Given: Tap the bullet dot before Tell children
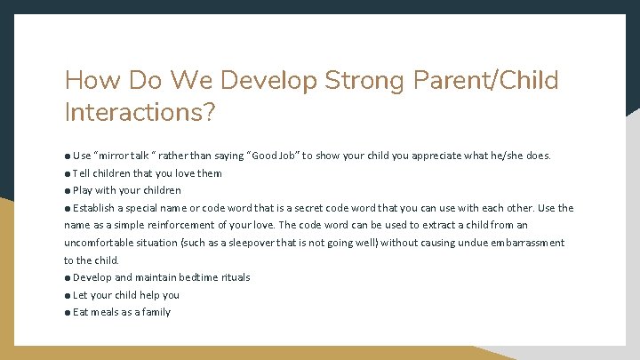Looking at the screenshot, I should point(68,173).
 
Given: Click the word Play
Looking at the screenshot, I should point(83,190).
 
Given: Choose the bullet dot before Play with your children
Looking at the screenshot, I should point(68,190).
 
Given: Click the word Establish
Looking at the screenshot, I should point(94,208).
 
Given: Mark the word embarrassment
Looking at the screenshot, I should point(525,243).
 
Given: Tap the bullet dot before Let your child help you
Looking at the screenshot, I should point(68,295).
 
